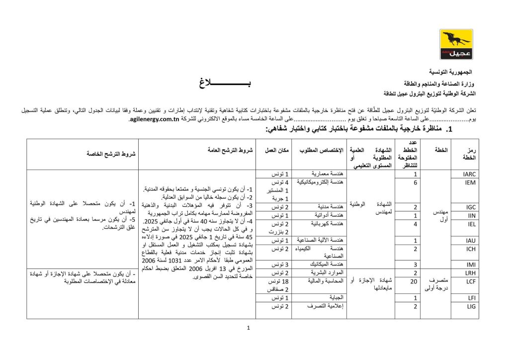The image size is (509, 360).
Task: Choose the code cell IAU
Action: [471, 241]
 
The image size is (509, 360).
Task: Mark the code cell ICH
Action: [471, 249]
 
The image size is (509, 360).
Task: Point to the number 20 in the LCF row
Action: [415, 281]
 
